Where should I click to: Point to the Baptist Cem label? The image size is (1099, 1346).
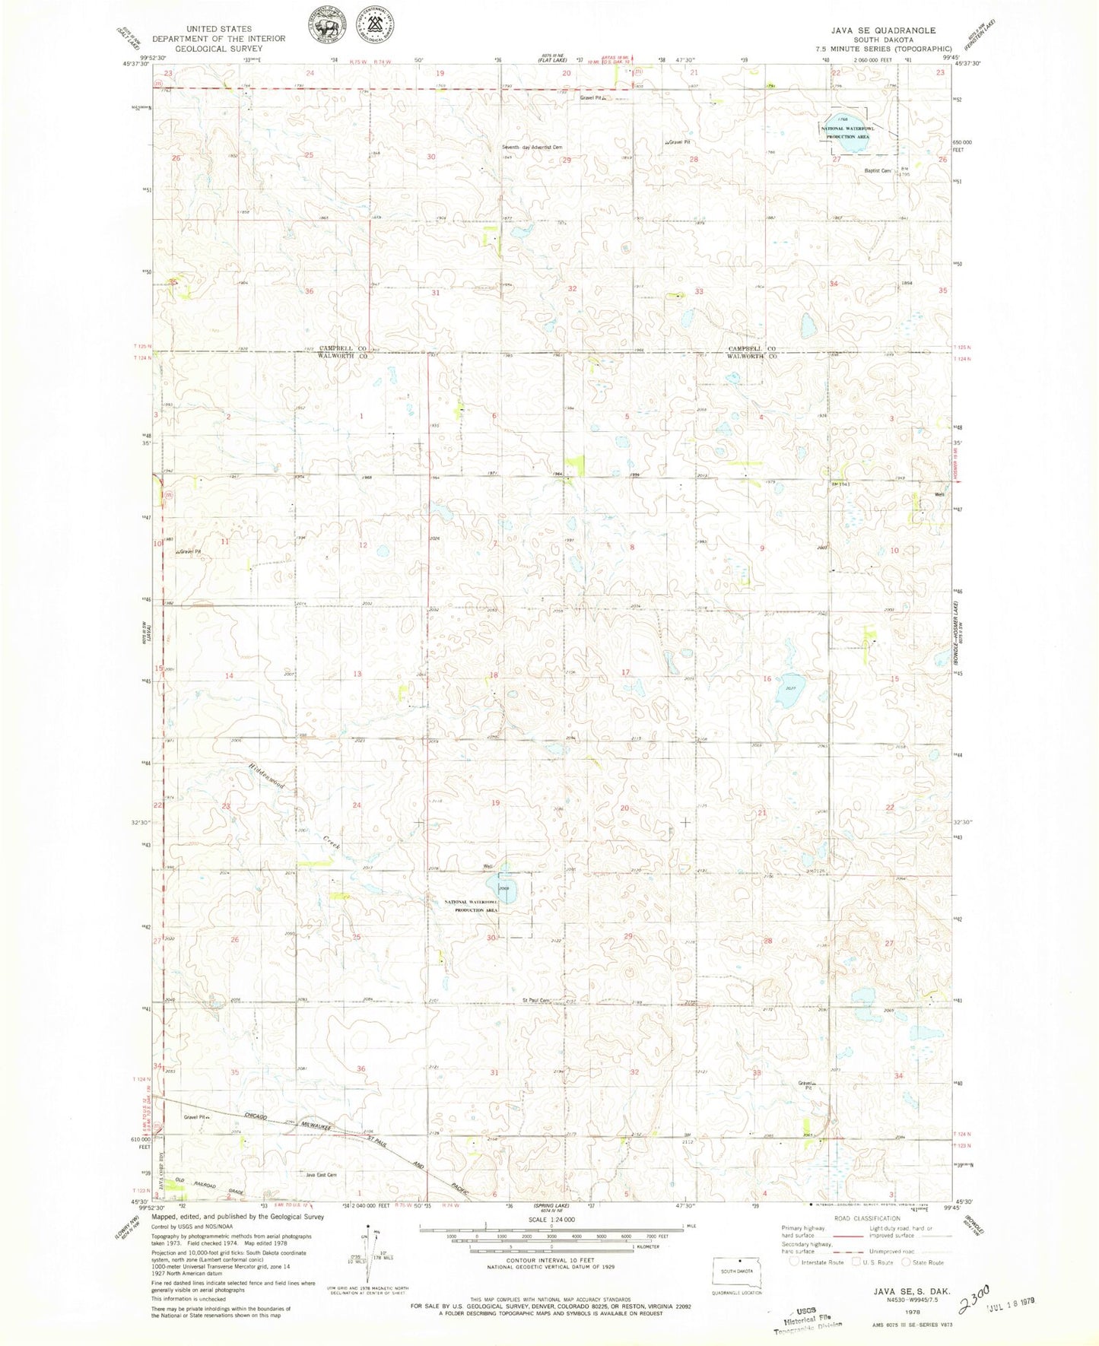click(876, 171)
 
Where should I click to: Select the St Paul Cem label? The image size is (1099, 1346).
click(535, 1001)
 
